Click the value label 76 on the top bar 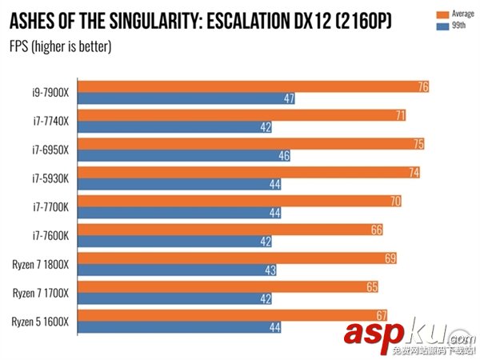click(x=423, y=86)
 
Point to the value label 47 click(x=290, y=98)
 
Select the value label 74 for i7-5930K click(x=414, y=172)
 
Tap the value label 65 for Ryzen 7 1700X click(x=372, y=286)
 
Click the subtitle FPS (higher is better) click(x=60, y=46)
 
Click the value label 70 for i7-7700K click(x=395, y=201)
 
